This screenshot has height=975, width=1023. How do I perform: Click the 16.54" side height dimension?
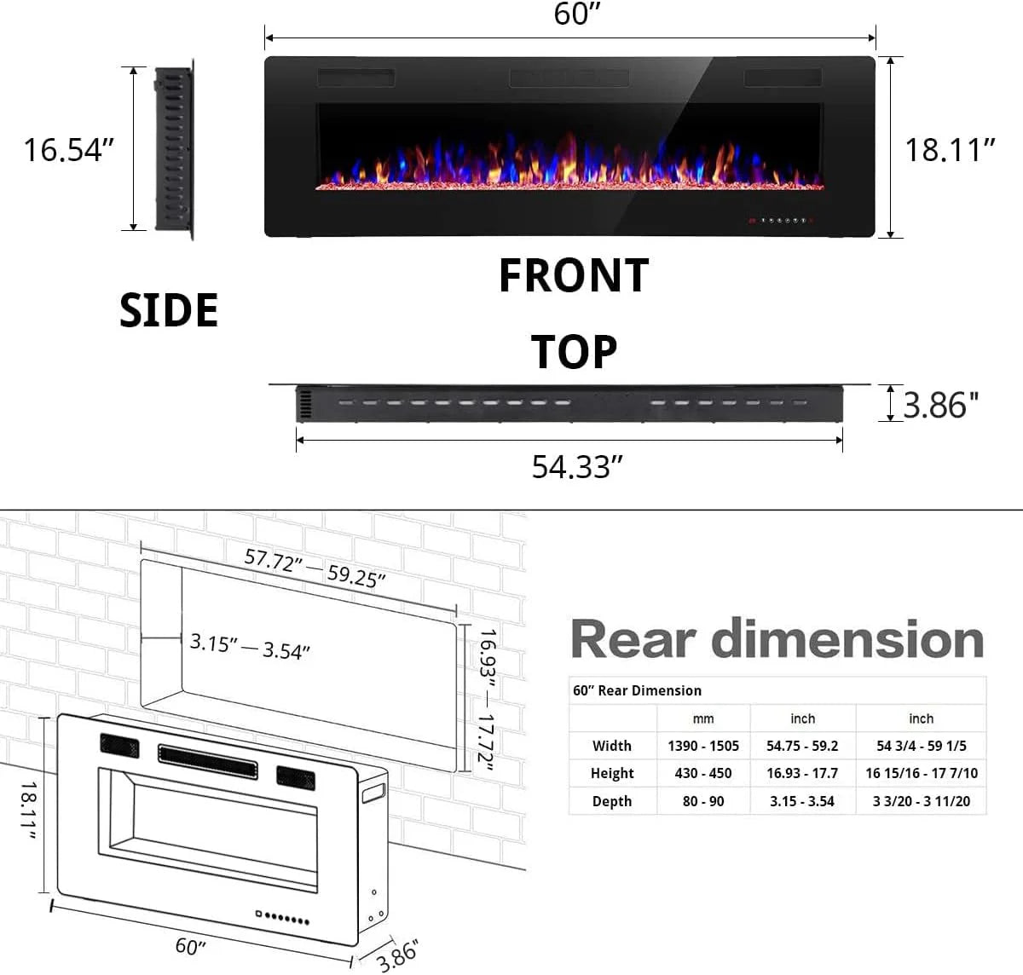pyautogui.click(x=68, y=149)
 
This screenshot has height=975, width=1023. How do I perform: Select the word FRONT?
pyautogui.click(x=574, y=276)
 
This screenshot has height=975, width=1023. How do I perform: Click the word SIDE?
pyautogui.click(x=169, y=310)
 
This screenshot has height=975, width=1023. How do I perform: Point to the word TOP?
pyautogui.click(x=574, y=352)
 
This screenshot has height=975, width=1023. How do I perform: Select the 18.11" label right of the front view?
pyautogui.click(x=950, y=150)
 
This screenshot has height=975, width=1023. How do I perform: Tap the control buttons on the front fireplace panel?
pyautogui.click(x=780, y=220)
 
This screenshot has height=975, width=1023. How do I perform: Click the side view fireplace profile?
pyautogui.click(x=174, y=149)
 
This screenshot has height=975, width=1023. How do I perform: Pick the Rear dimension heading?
pyautogui.click(x=777, y=639)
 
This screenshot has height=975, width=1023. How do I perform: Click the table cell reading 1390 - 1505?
pyautogui.click(x=703, y=746)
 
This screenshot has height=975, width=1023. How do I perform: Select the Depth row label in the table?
pyautogui.click(x=612, y=801)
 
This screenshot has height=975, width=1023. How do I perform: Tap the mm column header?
pyautogui.click(x=703, y=718)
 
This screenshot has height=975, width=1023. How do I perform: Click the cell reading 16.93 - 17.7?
pyautogui.click(x=802, y=773)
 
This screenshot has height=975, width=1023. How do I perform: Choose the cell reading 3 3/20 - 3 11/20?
pyautogui.click(x=922, y=801)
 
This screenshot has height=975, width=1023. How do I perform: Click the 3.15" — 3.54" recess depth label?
pyautogui.click(x=250, y=646)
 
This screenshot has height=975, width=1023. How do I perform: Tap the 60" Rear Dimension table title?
pyautogui.click(x=638, y=690)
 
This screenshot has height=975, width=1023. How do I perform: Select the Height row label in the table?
pyautogui.click(x=612, y=773)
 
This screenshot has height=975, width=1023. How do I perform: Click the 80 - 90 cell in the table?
pyautogui.click(x=703, y=801)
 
